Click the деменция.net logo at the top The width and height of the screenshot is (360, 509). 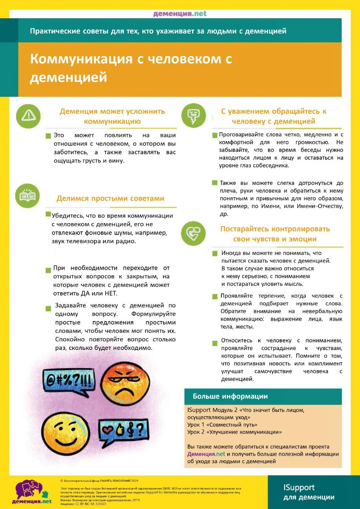tap(180, 14)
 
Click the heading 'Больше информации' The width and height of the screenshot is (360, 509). tap(230, 397)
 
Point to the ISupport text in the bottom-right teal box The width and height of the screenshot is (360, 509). tap(299, 487)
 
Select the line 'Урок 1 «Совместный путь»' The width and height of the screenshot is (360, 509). tap(222, 425)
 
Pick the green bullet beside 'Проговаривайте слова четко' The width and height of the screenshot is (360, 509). tap(215, 135)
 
